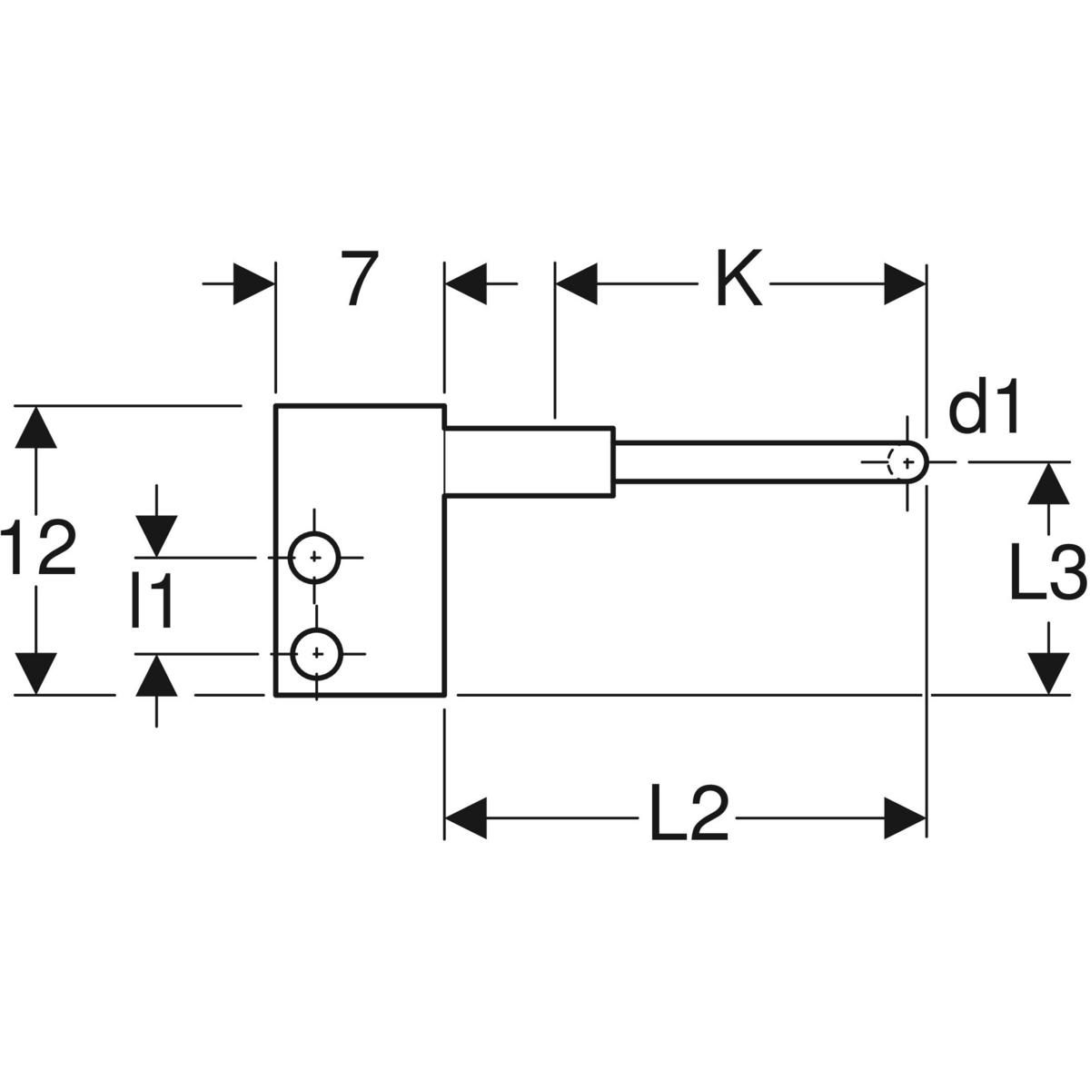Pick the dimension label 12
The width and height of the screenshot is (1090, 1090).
[x=38, y=549]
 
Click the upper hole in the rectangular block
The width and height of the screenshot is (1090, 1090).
[x=314, y=557]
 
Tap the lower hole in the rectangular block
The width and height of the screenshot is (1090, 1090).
[x=314, y=653]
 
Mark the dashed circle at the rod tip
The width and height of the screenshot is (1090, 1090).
[x=904, y=461]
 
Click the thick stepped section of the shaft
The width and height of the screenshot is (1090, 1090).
[x=529, y=461]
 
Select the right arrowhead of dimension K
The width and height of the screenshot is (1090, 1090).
[x=904, y=283]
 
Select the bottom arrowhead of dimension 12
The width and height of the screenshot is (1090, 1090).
[x=36, y=673]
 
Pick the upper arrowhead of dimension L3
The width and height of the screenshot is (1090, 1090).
[x=1050, y=482]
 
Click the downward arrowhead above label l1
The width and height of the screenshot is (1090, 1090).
[x=156, y=535]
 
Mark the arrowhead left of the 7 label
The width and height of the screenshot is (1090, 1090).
[x=253, y=283]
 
